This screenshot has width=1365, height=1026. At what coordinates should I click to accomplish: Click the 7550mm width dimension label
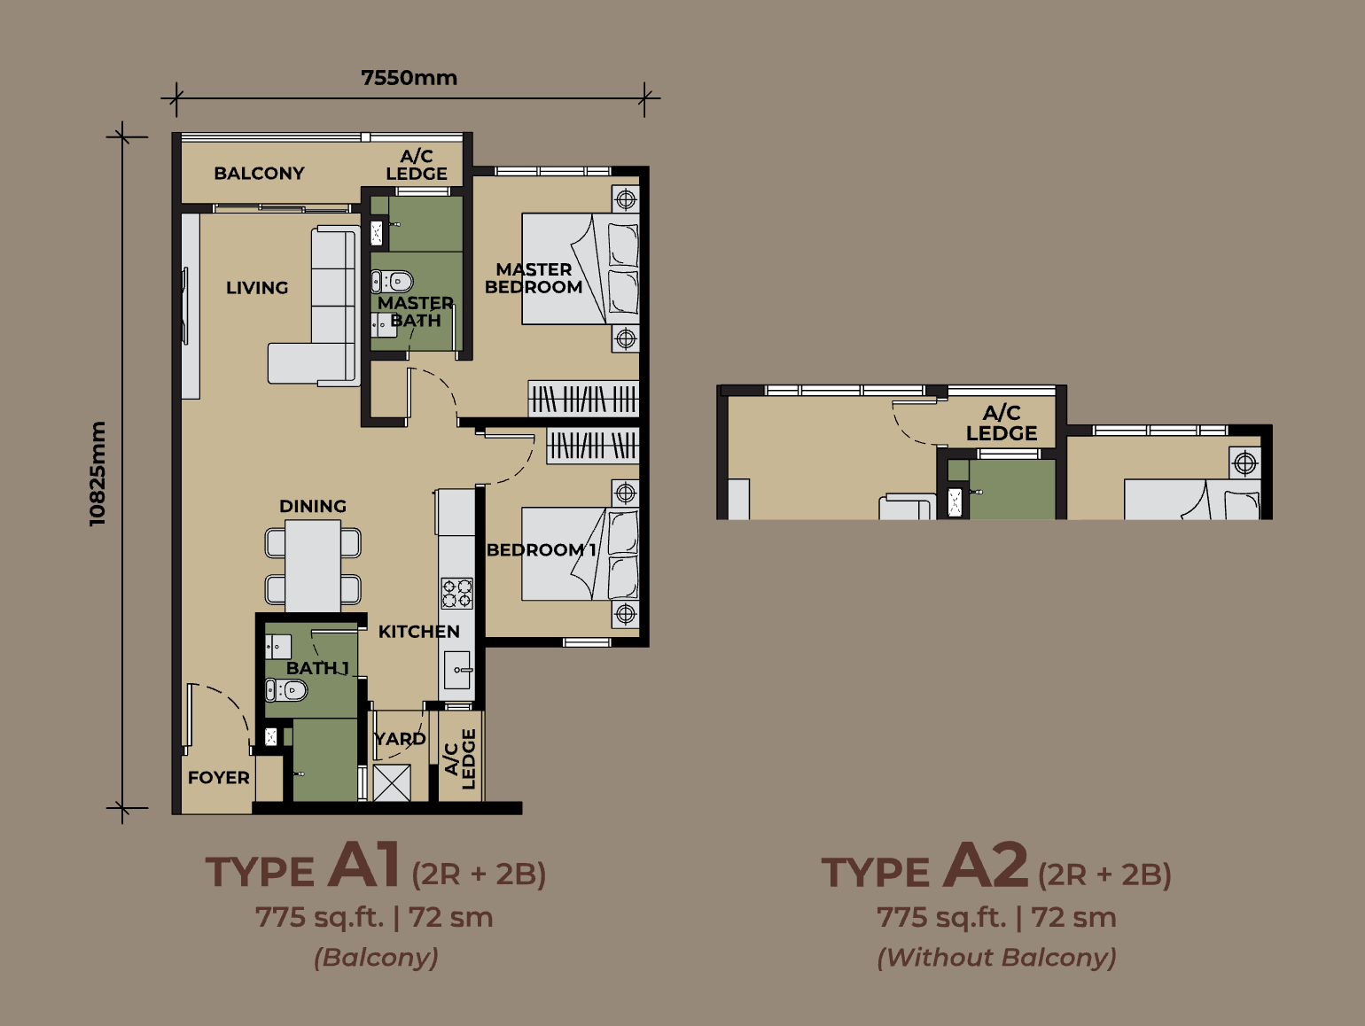tap(409, 78)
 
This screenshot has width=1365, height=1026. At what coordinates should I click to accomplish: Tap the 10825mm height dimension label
tap(97, 473)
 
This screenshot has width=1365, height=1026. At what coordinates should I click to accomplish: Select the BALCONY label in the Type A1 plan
tap(260, 173)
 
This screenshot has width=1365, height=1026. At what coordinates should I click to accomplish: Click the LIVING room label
tap(257, 288)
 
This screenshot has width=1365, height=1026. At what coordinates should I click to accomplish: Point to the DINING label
tap(313, 506)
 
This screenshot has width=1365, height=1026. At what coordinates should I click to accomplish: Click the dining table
tap(313, 565)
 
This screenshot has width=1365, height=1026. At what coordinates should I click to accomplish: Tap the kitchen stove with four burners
tap(457, 593)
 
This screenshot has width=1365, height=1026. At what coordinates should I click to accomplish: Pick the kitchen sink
tap(457, 670)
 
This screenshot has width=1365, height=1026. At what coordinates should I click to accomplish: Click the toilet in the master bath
tap(392, 282)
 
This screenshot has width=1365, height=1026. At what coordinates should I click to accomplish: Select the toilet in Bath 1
tap(286, 690)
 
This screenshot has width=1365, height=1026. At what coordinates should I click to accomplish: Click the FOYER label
tap(218, 777)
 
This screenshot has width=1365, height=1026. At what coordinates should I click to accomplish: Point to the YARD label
tap(400, 739)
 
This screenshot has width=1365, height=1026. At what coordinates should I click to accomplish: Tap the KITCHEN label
tap(419, 632)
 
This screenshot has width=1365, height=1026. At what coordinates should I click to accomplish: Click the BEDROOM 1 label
tap(541, 549)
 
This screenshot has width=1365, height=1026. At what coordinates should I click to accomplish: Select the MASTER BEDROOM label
tap(534, 278)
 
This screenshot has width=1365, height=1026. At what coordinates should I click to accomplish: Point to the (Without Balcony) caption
tap(996, 957)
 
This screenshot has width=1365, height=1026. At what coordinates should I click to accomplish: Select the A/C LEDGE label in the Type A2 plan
tap(1002, 423)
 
